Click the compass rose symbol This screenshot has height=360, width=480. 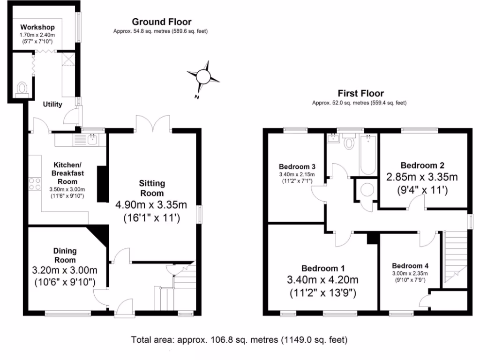(203, 76)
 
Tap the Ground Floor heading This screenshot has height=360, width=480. (161, 22)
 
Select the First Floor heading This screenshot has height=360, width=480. (360, 93)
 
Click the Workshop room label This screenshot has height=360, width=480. (37, 27)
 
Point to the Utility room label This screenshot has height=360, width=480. (52, 104)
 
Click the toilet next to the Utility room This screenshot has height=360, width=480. (22, 89)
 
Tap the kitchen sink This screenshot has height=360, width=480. (92, 139)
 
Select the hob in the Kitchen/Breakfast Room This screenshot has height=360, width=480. (35, 183)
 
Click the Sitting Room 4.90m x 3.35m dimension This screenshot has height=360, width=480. (151, 204)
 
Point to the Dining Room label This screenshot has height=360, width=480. (64, 255)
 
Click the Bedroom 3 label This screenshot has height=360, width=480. (297, 166)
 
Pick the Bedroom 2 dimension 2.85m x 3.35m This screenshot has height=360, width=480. (422, 178)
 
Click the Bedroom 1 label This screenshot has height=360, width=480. (322, 268)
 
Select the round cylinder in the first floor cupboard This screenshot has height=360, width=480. (367, 189)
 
